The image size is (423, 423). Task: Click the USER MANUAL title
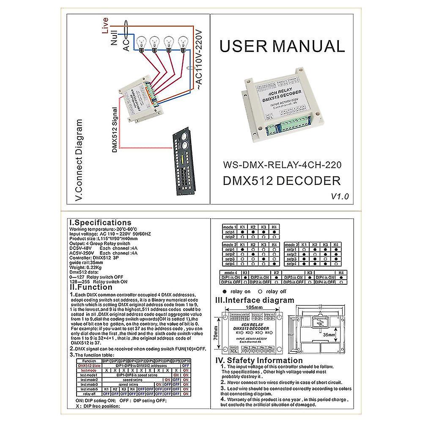(x=282, y=46)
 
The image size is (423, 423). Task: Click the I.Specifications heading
(x=100, y=222)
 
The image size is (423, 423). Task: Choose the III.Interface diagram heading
(x=255, y=300)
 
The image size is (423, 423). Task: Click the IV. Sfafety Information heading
(x=259, y=361)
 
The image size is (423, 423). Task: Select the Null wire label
(x=114, y=38)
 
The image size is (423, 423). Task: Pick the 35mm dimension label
(x=330, y=334)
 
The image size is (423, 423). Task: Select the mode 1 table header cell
(x=230, y=227)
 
